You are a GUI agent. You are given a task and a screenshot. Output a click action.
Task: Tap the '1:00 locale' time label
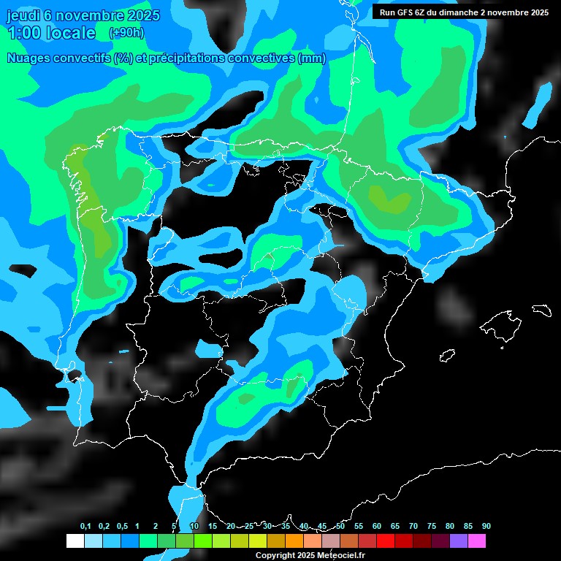tap(51, 33)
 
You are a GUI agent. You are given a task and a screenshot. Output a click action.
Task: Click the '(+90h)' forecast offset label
tap(126, 33)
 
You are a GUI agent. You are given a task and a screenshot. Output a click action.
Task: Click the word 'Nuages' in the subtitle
tap(30, 58)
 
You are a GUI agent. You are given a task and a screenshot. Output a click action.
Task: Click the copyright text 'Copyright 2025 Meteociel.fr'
tap(310, 555)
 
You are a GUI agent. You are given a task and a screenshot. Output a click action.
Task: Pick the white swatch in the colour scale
tap(75, 541)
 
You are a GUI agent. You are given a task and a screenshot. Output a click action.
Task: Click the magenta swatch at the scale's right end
tap(477, 541)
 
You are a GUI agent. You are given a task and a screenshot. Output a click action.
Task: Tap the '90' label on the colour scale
tap(486, 526)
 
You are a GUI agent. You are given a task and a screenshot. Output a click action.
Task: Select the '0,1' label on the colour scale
tap(85, 526)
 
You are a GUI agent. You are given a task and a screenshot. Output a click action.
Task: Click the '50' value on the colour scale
tap(340, 526)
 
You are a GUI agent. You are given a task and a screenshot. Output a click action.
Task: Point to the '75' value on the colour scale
tap(432, 526)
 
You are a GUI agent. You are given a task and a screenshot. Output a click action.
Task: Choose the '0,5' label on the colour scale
tap(122, 526)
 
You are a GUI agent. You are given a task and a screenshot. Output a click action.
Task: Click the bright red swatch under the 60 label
tap(386, 541)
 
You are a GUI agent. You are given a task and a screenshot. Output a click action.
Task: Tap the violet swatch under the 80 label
tap(459, 541)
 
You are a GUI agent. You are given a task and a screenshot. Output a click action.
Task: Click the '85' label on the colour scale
tap(468, 526)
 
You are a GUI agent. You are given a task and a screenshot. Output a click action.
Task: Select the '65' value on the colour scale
tap(395, 526)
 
